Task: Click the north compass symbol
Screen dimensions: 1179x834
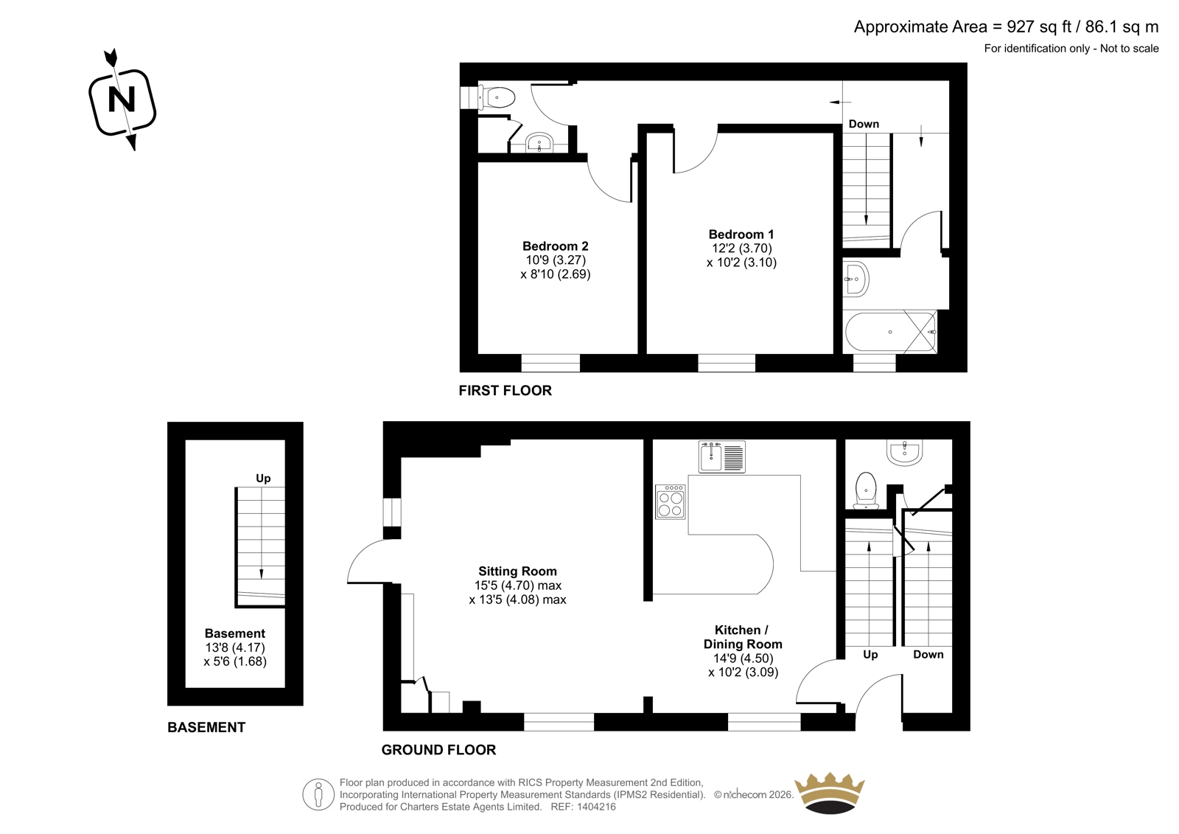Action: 122,100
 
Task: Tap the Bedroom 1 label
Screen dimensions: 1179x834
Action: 741,234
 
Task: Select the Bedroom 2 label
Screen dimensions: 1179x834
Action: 556,246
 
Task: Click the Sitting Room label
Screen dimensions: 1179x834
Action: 517,571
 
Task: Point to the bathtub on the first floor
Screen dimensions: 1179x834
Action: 889,332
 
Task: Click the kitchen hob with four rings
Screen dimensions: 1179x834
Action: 671,502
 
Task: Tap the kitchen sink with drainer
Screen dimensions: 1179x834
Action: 721,456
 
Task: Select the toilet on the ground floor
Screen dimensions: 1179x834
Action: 866,490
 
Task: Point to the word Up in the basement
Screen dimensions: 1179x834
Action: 263,479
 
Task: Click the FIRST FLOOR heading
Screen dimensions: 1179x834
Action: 505,390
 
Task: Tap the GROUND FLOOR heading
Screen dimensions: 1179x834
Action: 438,750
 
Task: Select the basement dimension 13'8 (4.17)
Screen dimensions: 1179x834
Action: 235,647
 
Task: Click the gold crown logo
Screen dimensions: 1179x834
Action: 829,793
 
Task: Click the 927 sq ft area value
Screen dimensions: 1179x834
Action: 1039,27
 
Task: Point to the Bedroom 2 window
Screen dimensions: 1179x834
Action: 550,363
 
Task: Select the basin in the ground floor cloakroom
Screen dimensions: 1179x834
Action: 904,453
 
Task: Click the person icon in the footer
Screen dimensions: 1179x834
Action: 318,794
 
